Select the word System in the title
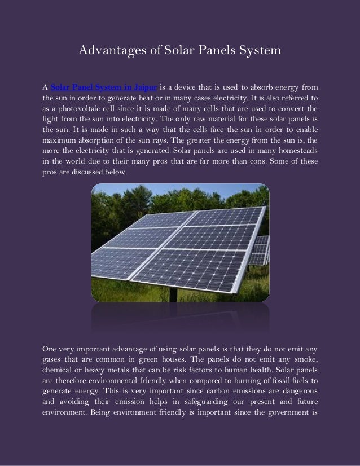(258, 52)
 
